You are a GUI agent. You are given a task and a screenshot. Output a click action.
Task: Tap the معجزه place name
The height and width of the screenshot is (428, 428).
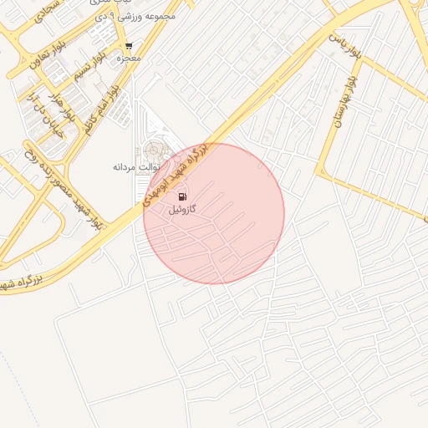coord(128,59)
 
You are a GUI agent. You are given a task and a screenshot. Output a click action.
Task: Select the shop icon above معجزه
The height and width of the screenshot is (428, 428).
coord(128,46)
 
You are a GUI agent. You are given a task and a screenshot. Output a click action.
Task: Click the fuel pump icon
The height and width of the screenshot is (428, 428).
coord(181,196)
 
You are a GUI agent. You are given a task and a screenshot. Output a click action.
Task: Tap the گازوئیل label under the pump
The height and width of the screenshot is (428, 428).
coord(181,209)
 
